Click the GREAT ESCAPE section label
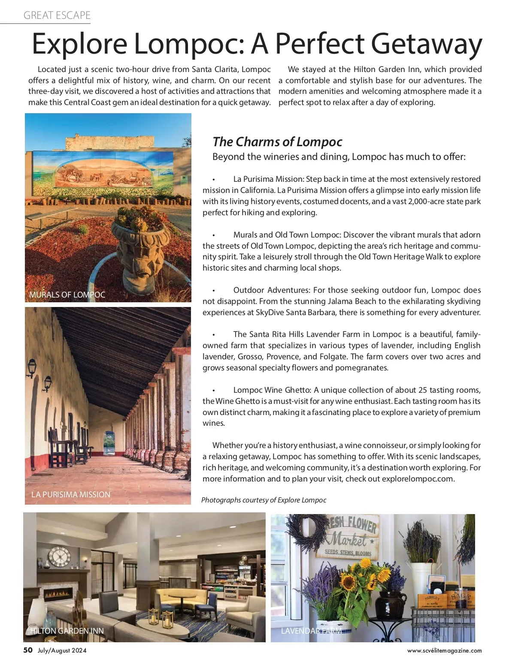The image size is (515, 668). point(57,15)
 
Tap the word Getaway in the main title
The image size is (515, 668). point(427,44)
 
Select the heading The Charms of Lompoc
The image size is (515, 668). point(277,141)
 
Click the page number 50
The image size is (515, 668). point(28,650)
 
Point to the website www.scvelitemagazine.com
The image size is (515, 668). point(444,650)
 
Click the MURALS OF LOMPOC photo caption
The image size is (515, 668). point(67,295)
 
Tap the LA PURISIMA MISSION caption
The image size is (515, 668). point(71,494)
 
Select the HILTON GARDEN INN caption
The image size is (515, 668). point(67,631)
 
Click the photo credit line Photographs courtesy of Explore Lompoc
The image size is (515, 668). point(264,500)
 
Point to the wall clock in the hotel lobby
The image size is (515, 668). point(59,557)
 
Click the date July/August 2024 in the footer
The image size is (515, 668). point(62,650)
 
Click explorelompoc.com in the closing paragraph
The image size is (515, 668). point(418,478)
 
